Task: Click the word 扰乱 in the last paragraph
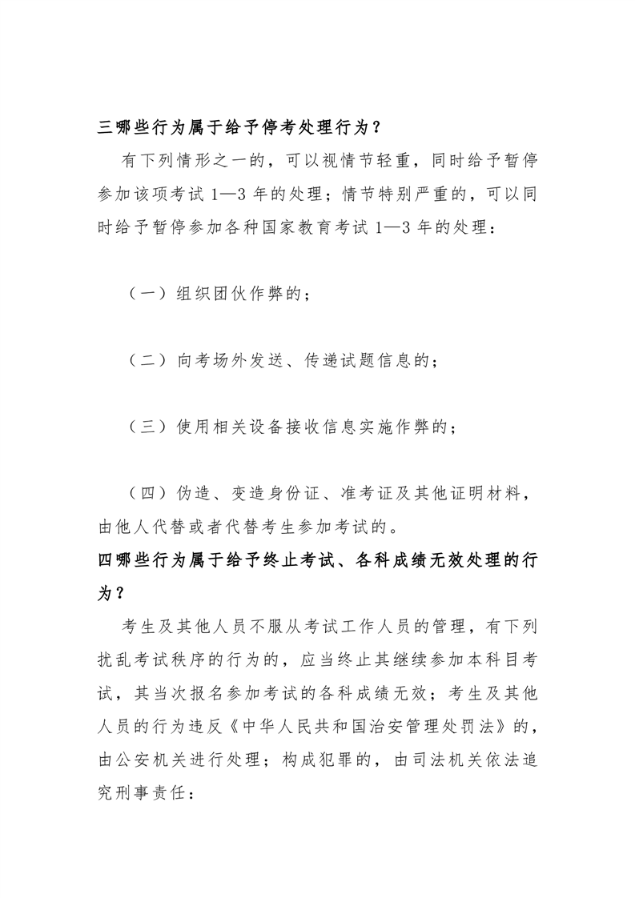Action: [x=115, y=659]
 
